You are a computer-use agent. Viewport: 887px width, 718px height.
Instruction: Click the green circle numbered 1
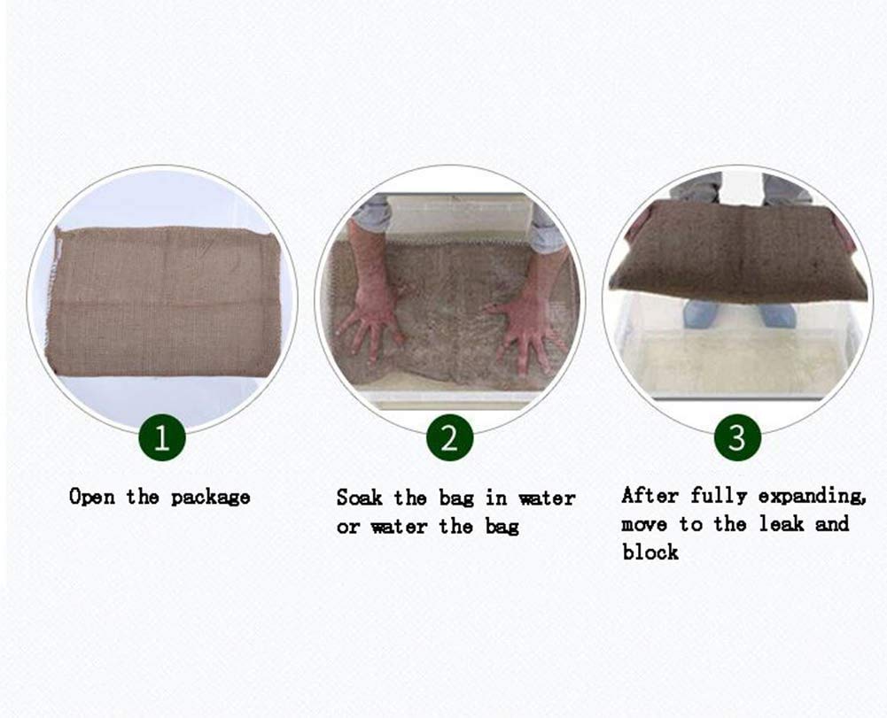(162, 437)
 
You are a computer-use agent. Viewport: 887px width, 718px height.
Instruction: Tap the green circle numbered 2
(450, 437)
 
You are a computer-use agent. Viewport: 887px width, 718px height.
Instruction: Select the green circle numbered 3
(737, 437)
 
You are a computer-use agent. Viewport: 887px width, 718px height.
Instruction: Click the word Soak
(359, 498)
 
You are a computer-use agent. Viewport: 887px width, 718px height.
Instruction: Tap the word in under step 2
(496, 498)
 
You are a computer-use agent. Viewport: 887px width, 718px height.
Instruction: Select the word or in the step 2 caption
(348, 528)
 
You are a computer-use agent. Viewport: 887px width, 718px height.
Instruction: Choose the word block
(650, 552)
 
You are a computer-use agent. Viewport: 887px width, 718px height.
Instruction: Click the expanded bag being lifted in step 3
(737, 252)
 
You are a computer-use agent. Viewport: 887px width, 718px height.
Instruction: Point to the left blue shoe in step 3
(701, 314)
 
